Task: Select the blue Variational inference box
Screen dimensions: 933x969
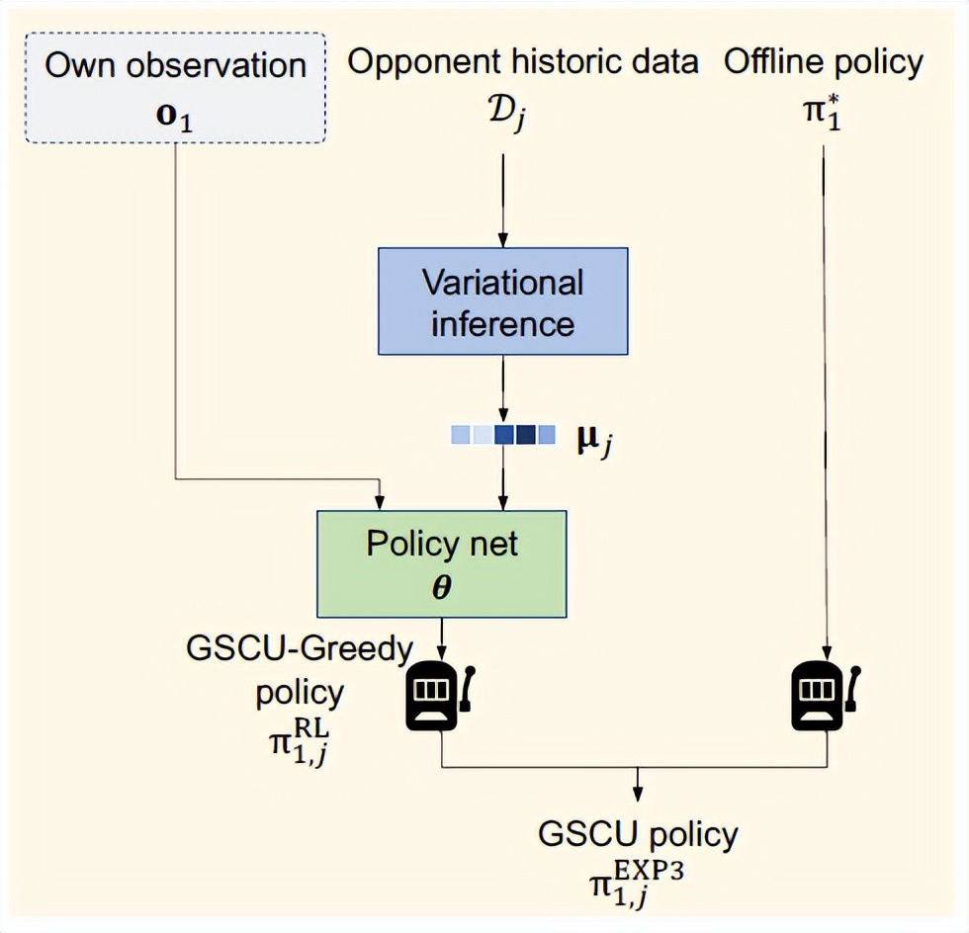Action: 502,300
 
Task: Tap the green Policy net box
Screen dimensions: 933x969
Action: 441,563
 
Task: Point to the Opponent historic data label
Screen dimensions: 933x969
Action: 523,63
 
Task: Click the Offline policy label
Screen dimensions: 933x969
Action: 824,63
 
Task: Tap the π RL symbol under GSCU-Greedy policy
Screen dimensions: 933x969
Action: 299,740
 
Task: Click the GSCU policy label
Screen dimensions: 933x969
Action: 638,834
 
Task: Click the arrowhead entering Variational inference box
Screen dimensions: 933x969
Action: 502,240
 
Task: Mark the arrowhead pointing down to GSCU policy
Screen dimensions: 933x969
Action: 638,793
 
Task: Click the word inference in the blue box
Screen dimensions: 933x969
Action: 502,323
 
